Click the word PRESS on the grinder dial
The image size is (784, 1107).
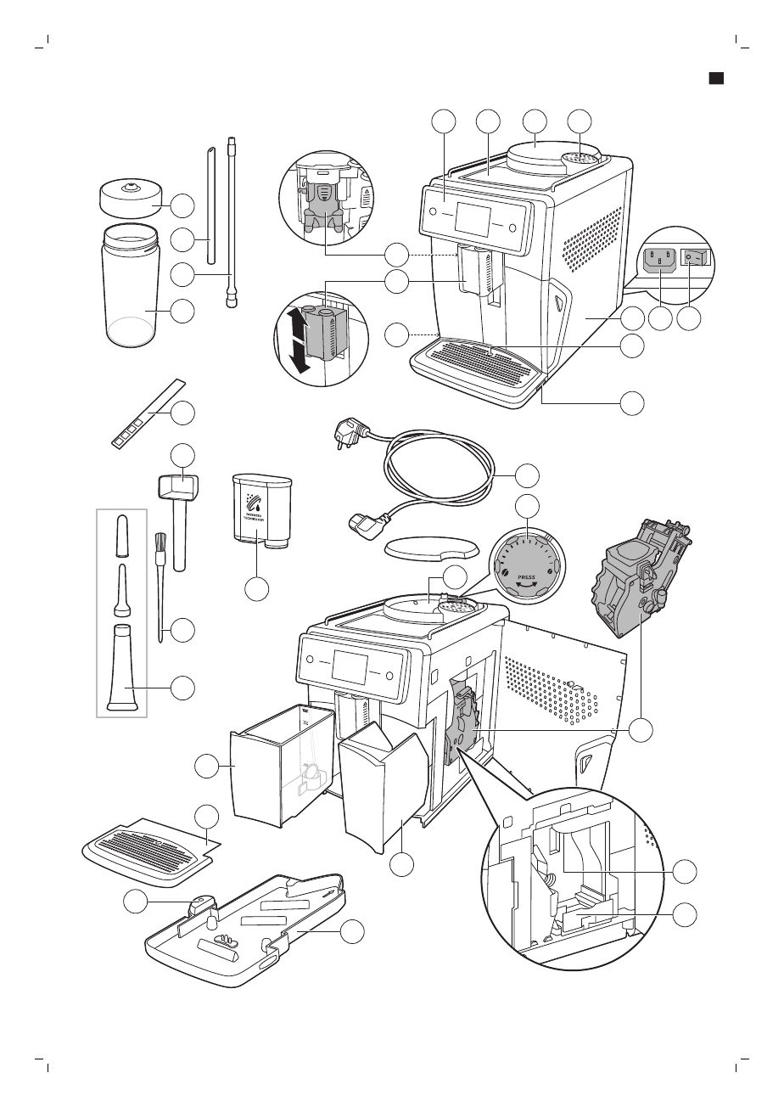[x=526, y=574]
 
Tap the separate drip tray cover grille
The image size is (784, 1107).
[x=148, y=850]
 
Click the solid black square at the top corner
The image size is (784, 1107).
[x=716, y=78]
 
